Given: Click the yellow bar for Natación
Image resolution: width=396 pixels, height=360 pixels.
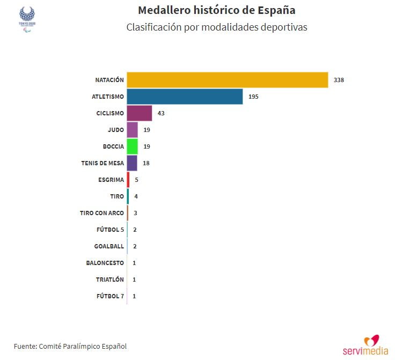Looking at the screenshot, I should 227,80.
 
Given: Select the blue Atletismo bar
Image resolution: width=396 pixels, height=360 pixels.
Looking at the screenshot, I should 185,97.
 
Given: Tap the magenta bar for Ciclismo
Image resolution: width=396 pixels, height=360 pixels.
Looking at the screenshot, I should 139,113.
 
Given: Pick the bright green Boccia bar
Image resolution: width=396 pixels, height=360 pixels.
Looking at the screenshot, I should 132,146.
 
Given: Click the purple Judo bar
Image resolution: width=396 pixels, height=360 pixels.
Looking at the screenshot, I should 132,130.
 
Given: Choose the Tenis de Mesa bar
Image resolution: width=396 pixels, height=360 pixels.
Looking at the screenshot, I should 132,163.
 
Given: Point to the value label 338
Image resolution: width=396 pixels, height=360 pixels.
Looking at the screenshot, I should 339,80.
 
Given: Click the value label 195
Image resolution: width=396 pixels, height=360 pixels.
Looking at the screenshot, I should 254,97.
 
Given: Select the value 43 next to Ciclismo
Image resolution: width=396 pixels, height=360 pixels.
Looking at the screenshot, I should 161,113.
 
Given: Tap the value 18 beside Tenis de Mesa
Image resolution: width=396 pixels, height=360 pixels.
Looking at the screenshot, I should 146,163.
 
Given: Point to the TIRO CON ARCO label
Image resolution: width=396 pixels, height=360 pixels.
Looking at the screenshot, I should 102,213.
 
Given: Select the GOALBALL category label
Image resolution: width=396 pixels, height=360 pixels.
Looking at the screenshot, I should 109,246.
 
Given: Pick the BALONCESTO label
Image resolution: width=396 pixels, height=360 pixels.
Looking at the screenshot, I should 105,263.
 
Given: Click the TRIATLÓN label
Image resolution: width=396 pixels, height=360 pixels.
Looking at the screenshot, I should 110,280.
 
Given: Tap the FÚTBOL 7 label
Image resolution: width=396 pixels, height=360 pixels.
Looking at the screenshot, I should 111,296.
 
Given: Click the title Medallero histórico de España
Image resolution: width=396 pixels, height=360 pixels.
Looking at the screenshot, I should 217,10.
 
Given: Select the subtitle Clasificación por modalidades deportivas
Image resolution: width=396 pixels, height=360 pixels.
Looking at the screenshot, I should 217,27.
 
